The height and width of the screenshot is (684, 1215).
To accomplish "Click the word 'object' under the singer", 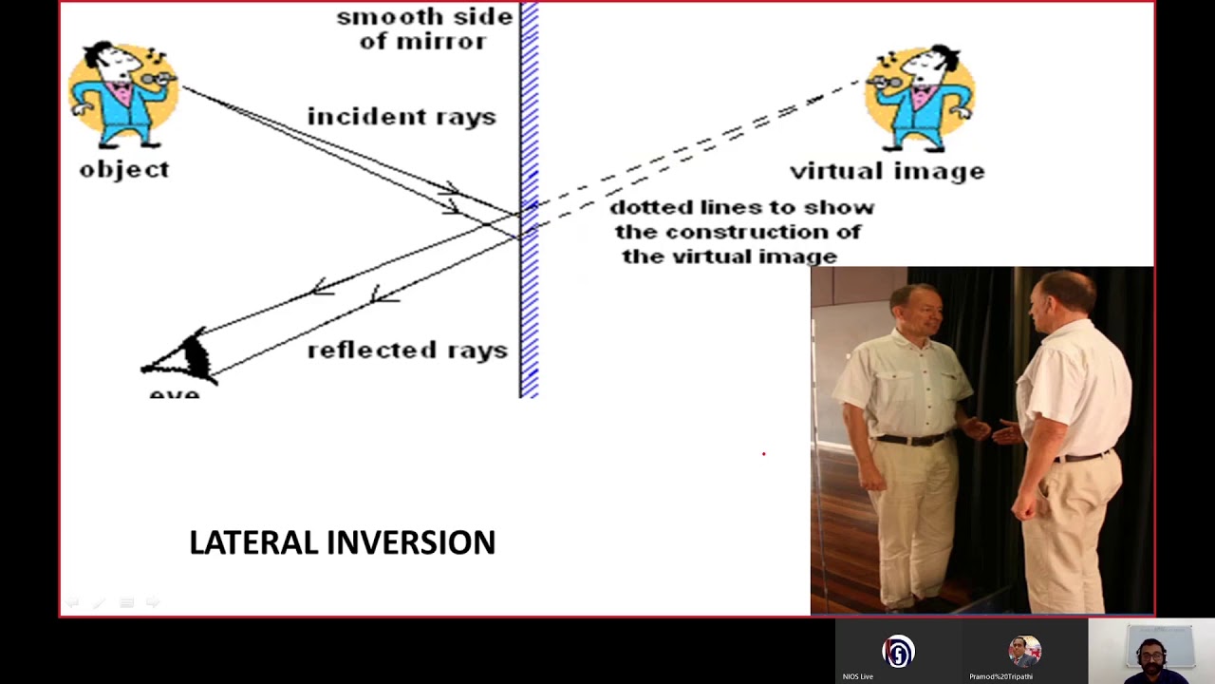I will point(124,170).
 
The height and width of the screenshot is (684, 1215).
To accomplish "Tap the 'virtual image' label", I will point(887,172).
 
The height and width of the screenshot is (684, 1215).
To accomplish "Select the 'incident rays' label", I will point(401,117).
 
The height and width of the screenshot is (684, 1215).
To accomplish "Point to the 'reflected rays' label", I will point(407,351).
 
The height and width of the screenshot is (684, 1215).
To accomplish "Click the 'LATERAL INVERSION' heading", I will point(342,542).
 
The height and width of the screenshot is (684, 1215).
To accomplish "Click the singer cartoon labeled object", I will point(124,95).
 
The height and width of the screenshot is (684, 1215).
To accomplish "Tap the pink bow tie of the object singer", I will point(121,91).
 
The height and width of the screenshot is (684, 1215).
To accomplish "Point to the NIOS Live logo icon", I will point(898,652).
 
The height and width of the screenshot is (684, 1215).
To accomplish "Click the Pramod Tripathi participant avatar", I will point(1024,652).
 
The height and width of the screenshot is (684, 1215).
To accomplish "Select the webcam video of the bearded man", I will point(1151,652).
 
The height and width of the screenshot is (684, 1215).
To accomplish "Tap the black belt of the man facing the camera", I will point(911,439).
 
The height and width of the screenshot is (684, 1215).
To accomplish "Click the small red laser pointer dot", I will point(763,454).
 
